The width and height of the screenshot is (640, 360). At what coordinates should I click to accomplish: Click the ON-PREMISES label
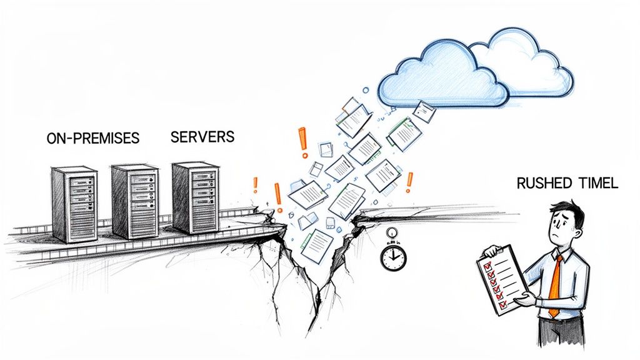click(x=92, y=138)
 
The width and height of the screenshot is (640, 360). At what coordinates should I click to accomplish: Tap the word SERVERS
click(x=202, y=137)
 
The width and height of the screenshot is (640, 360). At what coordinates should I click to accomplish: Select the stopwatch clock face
click(x=393, y=257)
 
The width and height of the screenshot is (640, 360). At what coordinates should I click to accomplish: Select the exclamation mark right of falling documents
click(x=409, y=182)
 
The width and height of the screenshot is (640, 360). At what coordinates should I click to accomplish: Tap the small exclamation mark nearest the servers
click(x=255, y=184)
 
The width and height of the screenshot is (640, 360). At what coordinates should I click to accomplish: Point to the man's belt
click(x=556, y=319)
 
